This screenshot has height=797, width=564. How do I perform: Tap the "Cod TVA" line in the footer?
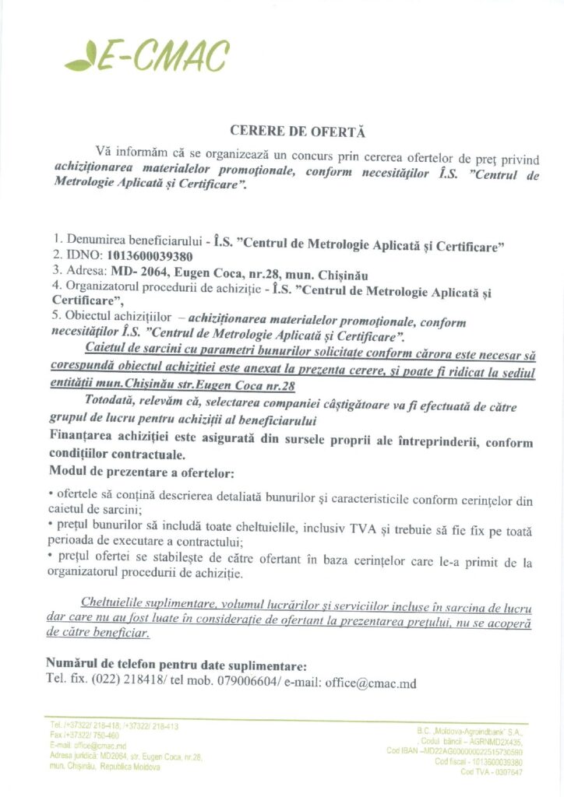(x=490, y=772)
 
